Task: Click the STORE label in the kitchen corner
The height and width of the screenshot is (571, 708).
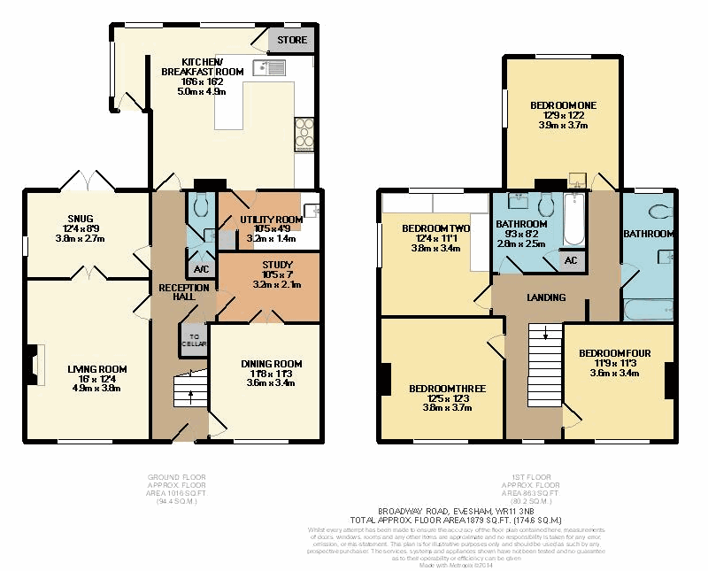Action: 292,40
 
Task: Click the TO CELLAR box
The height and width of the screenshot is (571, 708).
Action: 192,340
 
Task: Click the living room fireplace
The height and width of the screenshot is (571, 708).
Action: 35,363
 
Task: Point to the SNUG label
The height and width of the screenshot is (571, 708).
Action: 81,218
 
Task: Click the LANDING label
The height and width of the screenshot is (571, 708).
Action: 546,297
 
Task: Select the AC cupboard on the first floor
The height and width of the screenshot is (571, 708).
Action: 571,260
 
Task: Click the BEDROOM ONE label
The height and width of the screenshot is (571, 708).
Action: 563,105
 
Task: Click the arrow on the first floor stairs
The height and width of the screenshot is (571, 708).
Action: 546,334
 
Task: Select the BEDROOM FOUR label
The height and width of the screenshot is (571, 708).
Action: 614,353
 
